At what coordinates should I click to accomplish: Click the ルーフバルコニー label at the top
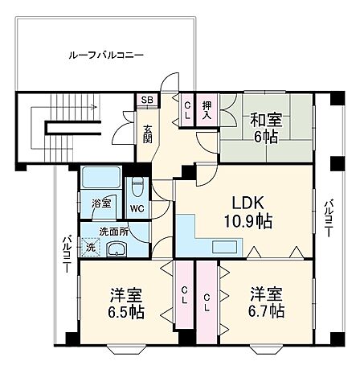[x=106, y=56]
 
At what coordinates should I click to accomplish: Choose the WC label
[x=137, y=208]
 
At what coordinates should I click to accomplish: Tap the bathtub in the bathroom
[x=100, y=178]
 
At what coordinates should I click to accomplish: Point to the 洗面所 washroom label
[x=114, y=231]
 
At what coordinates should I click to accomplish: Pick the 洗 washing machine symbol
[x=90, y=248]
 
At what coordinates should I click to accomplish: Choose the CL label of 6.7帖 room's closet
[x=207, y=302]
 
